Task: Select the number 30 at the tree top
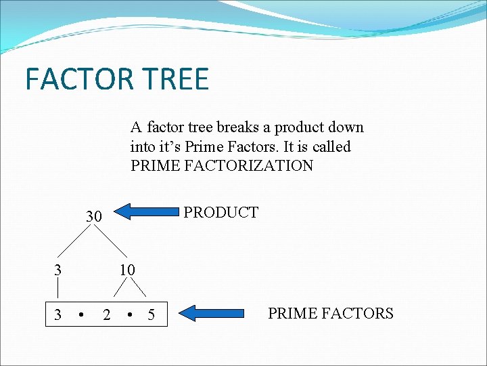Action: click(x=93, y=217)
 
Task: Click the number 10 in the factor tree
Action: click(x=127, y=270)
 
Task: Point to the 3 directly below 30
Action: click(x=58, y=270)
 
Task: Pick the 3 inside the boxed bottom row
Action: click(x=58, y=314)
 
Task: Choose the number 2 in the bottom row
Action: click(x=106, y=314)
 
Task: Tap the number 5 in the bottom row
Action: click(x=151, y=314)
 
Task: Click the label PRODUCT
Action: click(x=221, y=212)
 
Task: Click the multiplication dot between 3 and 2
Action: click(x=81, y=314)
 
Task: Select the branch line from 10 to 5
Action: click(x=139, y=289)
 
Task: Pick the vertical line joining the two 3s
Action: click(x=58, y=291)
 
